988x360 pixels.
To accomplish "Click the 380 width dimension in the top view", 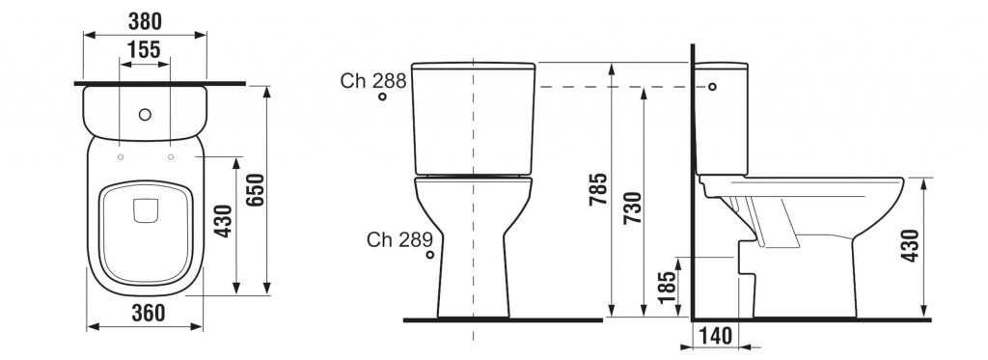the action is tap(145, 21).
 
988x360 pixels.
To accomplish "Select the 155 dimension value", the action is tap(144, 50).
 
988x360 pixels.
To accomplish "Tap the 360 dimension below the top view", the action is tap(148, 313).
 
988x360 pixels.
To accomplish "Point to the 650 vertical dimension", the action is tap(255, 189).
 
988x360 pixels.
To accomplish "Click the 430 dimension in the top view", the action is tap(223, 221).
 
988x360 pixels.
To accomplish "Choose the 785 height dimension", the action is tap(598, 189).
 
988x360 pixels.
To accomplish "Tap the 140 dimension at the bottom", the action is tap(717, 336).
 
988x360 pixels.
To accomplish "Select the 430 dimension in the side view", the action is tap(910, 245).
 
